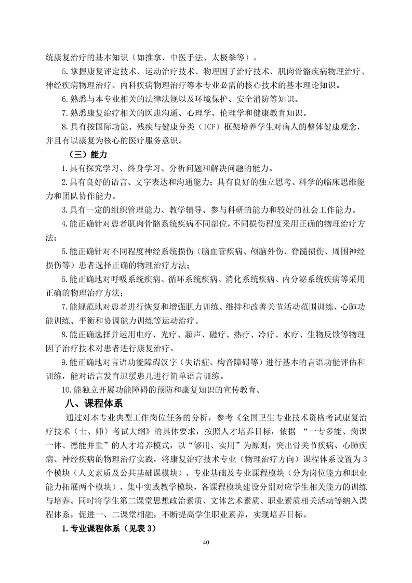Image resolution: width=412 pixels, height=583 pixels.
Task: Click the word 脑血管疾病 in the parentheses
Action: click(230, 251)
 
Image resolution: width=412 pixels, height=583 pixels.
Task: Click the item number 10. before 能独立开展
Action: click(67, 389)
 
